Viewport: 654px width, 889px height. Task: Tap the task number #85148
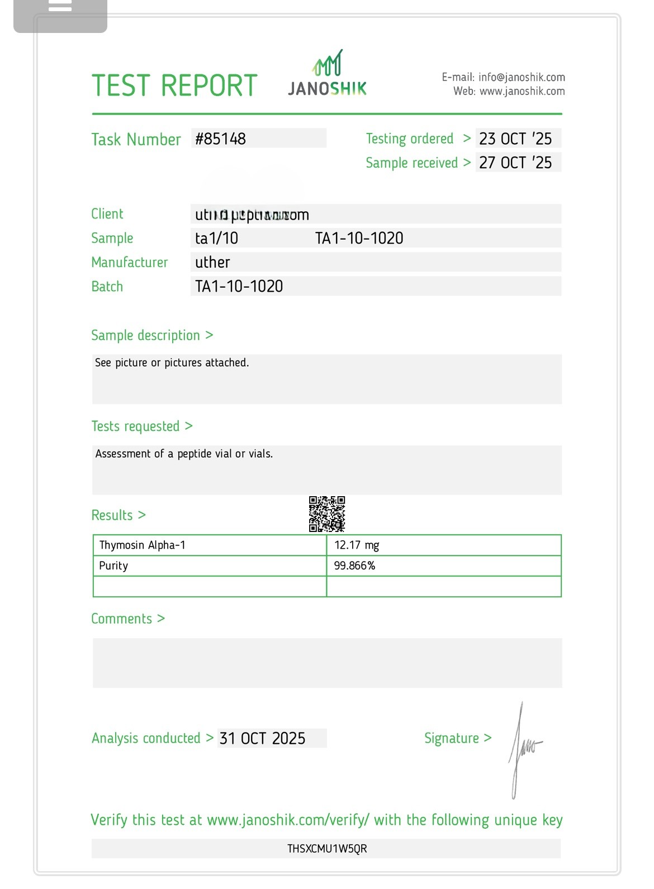[x=221, y=139]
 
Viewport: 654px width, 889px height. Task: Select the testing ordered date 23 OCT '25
[x=515, y=139]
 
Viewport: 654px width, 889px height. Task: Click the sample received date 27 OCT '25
[x=515, y=163]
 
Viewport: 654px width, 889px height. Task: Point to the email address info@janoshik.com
[x=522, y=77]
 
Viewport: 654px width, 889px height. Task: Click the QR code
[x=327, y=514]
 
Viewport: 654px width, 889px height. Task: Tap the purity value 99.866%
[x=354, y=565]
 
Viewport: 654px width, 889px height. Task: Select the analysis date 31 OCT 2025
[x=263, y=738]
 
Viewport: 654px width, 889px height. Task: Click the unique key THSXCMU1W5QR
[x=327, y=849]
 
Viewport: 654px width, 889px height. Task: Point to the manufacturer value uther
[x=212, y=262]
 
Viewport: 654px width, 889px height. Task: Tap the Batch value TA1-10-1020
[x=239, y=286]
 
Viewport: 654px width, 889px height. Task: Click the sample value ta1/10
[x=216, y=238]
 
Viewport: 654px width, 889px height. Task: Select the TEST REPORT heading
[x=174, y=86]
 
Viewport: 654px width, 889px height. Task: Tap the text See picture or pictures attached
[x=172, y=363]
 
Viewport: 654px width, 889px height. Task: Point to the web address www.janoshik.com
[x=522, y=91]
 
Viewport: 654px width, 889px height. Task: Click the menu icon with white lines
[x=60, y=7]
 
